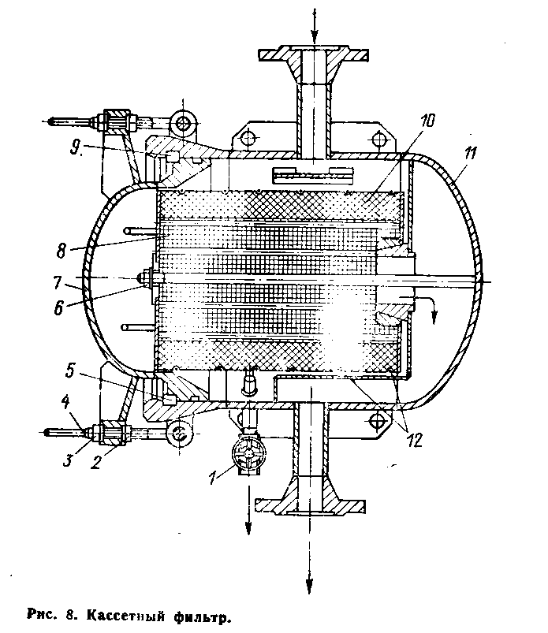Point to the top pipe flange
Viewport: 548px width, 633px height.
(x=314, y=56)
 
